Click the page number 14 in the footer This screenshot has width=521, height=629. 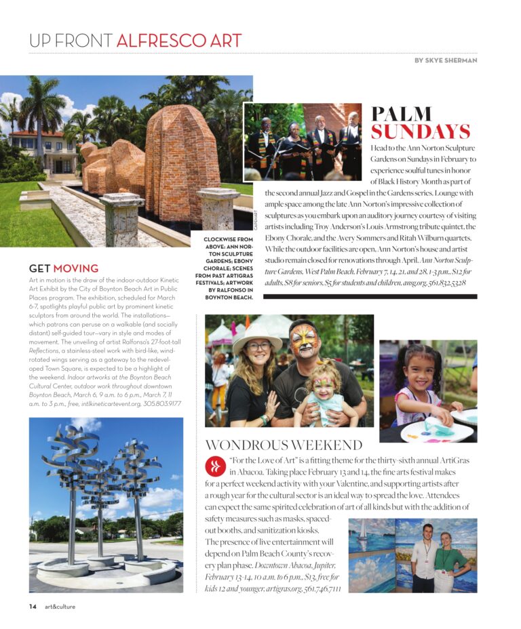coord(33,606)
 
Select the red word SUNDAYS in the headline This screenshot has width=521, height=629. coord(420,131)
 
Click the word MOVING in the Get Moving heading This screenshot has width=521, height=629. coord(75,268)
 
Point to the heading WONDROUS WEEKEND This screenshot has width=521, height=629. coord(284,445)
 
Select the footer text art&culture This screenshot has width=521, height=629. coord(60,606)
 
